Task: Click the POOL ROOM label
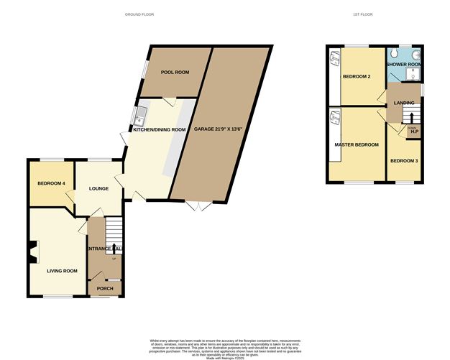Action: click(x=174, y=73)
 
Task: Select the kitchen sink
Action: click(x=141, y=115)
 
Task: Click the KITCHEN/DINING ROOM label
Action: click(x=159, y=130)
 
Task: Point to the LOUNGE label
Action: click(x=98, y=188)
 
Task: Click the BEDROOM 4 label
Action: click(x=51, y=183)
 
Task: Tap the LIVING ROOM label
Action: click(x=62, y=271)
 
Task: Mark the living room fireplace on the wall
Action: click(x=33, y=251)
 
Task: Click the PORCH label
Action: click(x=105, y=288)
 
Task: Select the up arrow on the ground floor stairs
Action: click(x=114, y=249)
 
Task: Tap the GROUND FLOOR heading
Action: click(x=139, y=14)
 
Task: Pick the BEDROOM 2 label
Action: click(x=357, y=76)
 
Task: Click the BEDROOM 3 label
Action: click(x=404, y=160)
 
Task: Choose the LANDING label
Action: click(x=404, y=103)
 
